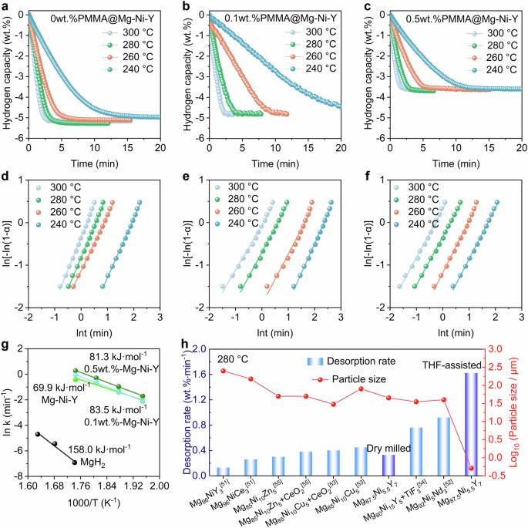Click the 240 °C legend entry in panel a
pyautogui.click(x=128, y=69)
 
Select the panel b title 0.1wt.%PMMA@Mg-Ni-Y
pyautogui.click(x=280, y=18)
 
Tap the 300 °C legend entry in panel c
pyautogui.click(x=492, y=33)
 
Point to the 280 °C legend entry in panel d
pyautogui.click(x=59, y=200)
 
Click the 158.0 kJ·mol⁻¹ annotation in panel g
pyautogui.click(x=99, y=449)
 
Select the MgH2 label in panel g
pyautogui.click(x=92, y=462)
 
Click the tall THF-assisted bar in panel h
pyautogui.click(x=471, y=424)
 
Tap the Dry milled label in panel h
pyautogui.click(x=388, y=449)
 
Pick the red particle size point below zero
pyautogui.click(x=471, y=468)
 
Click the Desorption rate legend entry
pyautogui.click(x=351, y=362)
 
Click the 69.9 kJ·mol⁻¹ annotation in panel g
pyautogui.click(x=62, y=387)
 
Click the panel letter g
pyautogui.click(x=5, y=345)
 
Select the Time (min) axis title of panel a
pyautogui.click(x=95, y=164)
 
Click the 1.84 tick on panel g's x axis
pyautogui.click(x=107, y=486)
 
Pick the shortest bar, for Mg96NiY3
pyautogui.click(x=223, y=472)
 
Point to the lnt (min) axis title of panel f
pyautogui.click(x=456, y=333)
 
